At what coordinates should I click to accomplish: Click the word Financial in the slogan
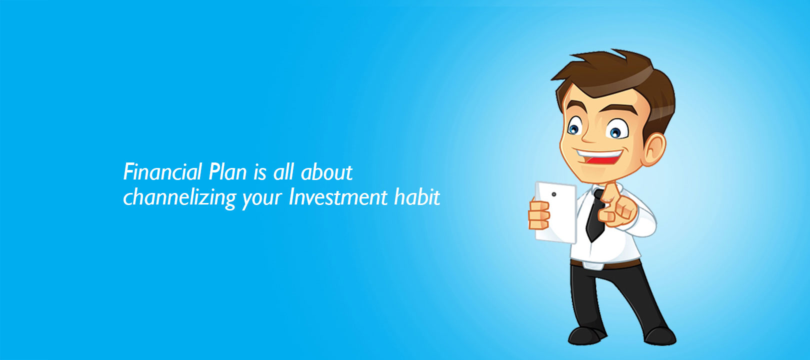click(162, 171)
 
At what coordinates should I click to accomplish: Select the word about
click(326, 171)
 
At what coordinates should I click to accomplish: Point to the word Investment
click(338, 197)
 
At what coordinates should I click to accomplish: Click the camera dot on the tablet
click(553, 194)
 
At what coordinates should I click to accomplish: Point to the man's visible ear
click(654, 149)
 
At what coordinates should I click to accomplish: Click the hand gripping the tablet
click(539, 215)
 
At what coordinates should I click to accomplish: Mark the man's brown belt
click(605, 264)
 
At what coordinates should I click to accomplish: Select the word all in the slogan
click(283, 171)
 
